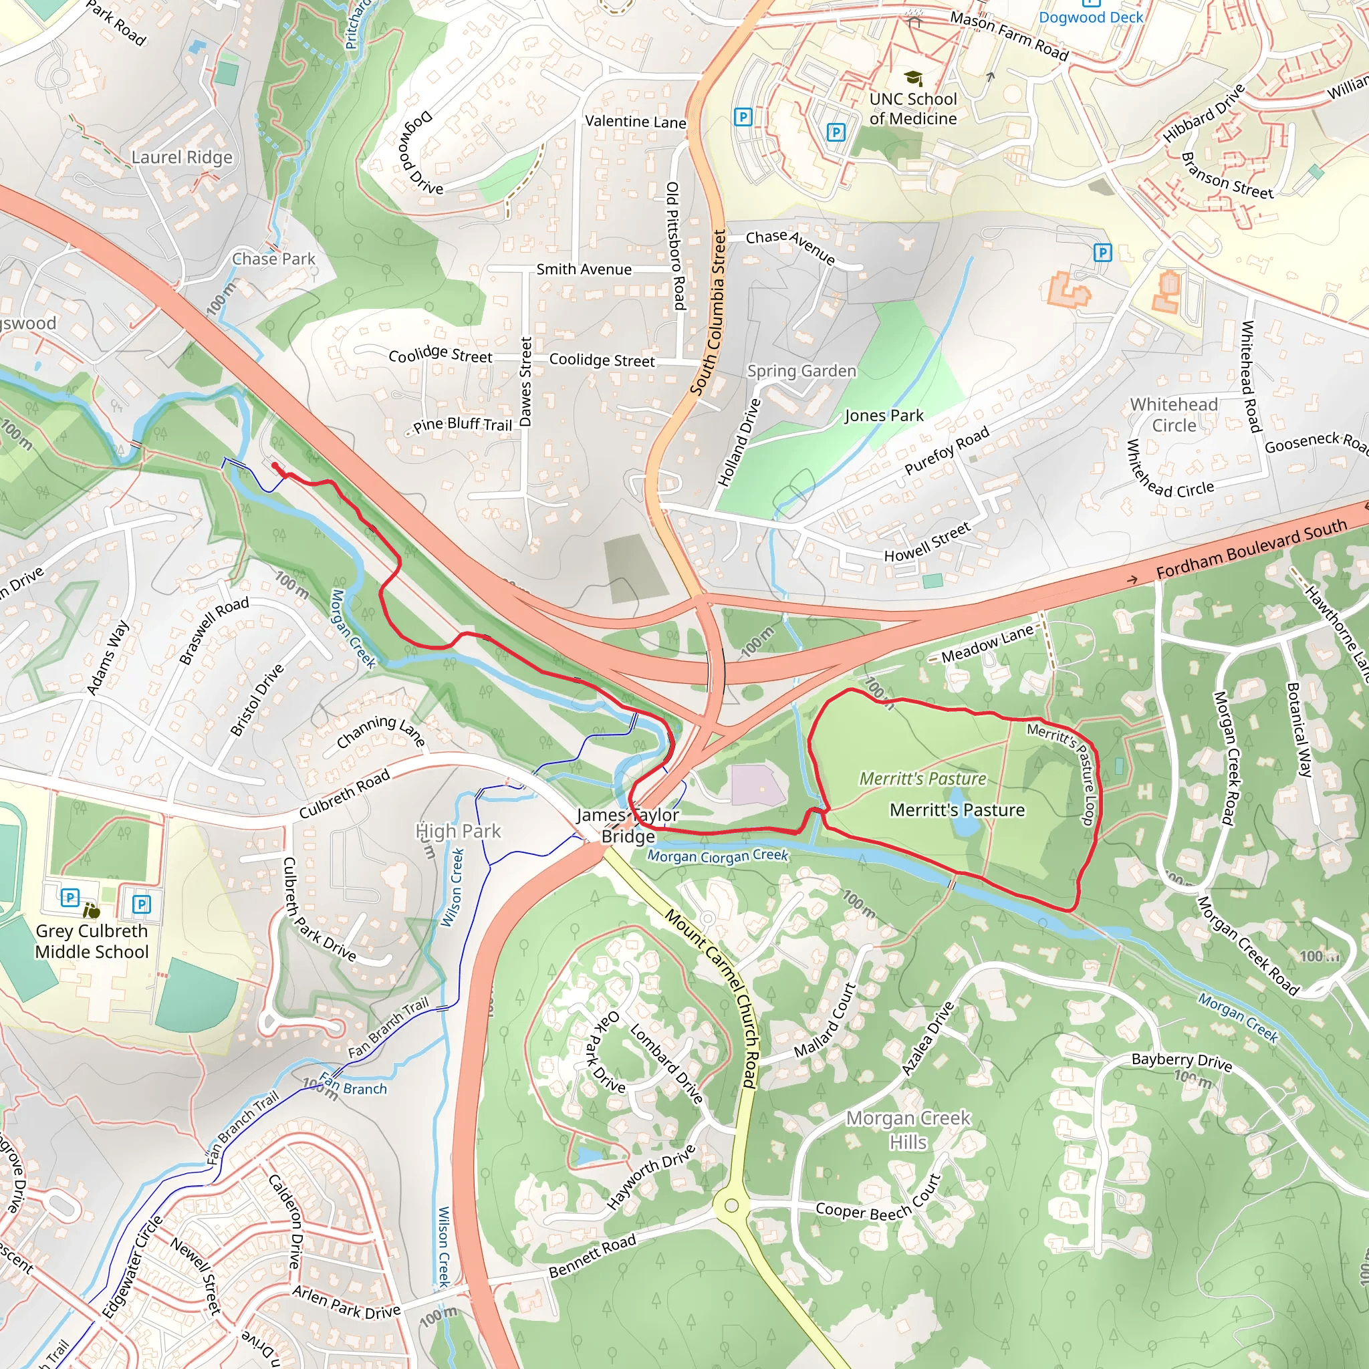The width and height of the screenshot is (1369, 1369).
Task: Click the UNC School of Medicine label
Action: point(912,108)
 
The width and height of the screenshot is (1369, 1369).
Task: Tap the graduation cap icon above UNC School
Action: point(913,78)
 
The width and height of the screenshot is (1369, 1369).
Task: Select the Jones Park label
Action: point(884,415)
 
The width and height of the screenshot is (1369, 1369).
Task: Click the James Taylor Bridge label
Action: point(628,826)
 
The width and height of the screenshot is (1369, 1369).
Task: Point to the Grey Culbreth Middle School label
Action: point(92,941)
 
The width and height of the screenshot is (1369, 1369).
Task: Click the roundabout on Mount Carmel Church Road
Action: point(732,1205)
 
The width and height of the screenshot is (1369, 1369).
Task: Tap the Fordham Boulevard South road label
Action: point(1251,547)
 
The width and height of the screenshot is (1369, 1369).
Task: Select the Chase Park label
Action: point(273,259)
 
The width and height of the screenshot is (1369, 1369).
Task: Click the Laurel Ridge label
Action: point(182,157)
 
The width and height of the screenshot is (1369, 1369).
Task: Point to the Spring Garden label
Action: point(801,370)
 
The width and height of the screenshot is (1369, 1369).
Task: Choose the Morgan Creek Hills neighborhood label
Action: point(908,1130)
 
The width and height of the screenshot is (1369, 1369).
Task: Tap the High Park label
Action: point(459,830)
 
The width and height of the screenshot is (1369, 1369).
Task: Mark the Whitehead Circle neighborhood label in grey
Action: point(1173,414)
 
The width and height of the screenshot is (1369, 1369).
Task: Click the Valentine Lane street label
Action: point(635,122)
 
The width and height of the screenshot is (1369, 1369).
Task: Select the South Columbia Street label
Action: point(708,312)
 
